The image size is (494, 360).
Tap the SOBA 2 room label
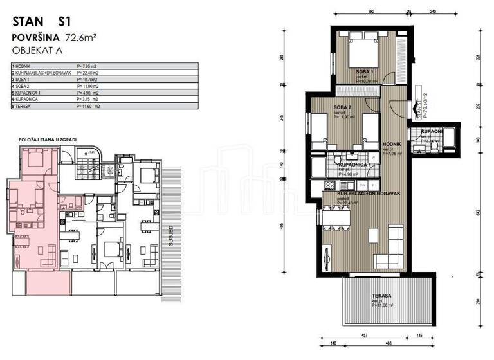tap(342, 107)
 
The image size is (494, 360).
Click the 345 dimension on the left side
tap(283, 119)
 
